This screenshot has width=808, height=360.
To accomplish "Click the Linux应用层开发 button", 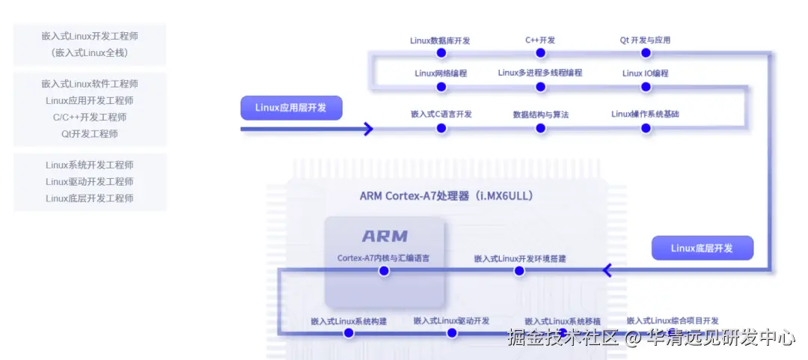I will pos(291,108).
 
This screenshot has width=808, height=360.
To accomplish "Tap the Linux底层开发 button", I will pos(702,248).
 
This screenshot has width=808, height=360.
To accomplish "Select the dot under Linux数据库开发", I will pos(441,53).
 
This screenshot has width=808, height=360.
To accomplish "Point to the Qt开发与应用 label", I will pos(646,40).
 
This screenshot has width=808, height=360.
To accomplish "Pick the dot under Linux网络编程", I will pos(441,87).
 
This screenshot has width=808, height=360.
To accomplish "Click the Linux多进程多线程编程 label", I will pos(540,73).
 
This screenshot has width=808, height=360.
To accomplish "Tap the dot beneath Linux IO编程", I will pos(646,87).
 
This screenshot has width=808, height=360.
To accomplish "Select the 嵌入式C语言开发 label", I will pos(441,115).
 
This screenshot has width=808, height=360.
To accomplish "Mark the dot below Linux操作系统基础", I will pos(646,128).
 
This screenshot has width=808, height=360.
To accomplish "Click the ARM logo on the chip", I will pos(385,237).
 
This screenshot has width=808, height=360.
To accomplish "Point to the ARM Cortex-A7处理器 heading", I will pos(446,196).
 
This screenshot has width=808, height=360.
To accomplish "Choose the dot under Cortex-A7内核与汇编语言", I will pos(384,271).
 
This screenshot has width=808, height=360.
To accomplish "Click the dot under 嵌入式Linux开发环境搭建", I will pos(520,271).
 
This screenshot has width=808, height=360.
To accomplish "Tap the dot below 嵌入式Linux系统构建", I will pos(349,334).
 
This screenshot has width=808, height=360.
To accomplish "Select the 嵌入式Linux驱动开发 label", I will pos(451,321).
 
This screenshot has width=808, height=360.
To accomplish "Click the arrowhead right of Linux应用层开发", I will pos(367,129).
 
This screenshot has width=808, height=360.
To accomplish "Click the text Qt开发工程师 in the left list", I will pos(90,134).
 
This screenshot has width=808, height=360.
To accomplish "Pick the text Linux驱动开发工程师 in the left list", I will pos(90,182).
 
